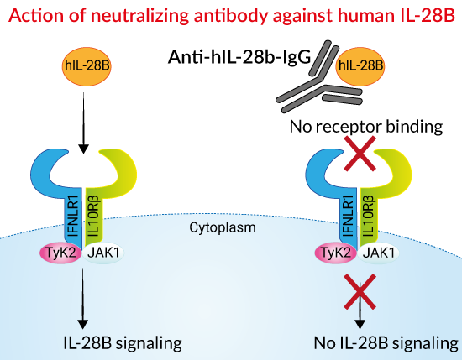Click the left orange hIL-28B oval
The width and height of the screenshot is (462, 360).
87,66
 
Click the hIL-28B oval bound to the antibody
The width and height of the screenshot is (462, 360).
360,66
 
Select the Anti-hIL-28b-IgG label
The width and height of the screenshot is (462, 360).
239,56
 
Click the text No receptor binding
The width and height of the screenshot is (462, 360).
366,127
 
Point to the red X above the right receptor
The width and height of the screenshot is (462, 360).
360,154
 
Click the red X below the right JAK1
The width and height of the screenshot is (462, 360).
360,291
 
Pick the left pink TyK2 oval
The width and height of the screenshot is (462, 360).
60,253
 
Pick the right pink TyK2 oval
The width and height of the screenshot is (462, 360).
336,253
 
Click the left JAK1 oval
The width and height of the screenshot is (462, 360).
103,253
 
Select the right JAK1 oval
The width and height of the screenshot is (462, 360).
378,253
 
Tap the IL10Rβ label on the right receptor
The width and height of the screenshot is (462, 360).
369,217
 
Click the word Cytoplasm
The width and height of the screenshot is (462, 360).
223,227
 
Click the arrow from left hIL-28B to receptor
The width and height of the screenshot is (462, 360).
84,123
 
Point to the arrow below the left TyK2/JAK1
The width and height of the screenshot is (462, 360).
83,298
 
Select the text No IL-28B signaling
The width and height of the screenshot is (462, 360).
386,343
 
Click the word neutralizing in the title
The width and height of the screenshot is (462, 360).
143,16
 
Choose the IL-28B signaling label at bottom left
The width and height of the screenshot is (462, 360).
123,343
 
